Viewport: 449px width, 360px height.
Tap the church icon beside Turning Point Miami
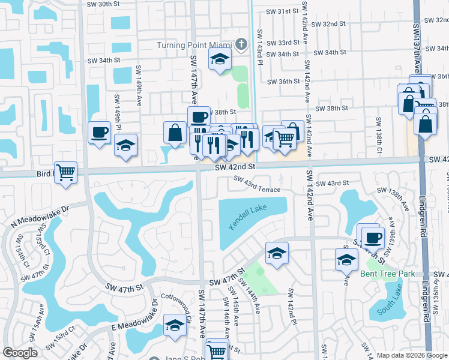[x=241, y=44]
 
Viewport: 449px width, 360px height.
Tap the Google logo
[x=20, y=353]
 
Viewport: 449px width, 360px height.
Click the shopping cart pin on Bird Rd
[x=65, y=173]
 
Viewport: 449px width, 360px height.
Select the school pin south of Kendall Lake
[x=277, y=253]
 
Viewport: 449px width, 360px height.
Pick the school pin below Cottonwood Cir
[x=175, y=325]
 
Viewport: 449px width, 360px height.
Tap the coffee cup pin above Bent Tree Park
[x=373, y=238]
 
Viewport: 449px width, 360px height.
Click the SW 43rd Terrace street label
[x=257, y=185]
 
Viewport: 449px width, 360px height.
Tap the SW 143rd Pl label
[x=259, y=45]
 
